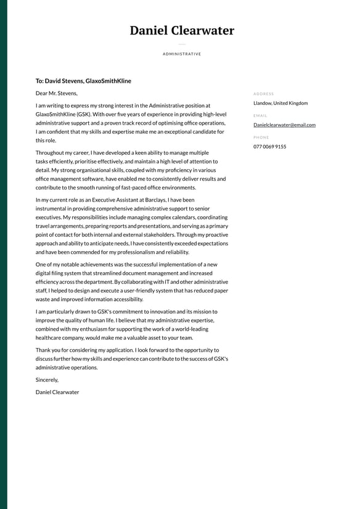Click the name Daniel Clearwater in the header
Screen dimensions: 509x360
tap(182, 30)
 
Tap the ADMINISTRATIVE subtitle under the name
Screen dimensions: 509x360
tap(182, 54)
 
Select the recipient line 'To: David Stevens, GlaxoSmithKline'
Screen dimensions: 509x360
tap(83, 81)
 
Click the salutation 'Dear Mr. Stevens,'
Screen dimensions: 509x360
tap(57, 93)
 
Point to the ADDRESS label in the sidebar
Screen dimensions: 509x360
tap(263, 94)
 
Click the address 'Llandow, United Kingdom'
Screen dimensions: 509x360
tap(280, 103)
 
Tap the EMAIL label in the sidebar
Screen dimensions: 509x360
tap(260, 115)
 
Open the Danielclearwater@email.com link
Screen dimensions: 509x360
tap(284, 125)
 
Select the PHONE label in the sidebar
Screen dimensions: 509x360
tap(261, 137)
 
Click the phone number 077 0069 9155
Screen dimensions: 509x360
tap(269, 147)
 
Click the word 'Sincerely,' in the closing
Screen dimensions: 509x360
tap(47, 380)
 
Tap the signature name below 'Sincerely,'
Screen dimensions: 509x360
tap(57, 392)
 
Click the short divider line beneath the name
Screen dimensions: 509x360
tap(182, 44)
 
